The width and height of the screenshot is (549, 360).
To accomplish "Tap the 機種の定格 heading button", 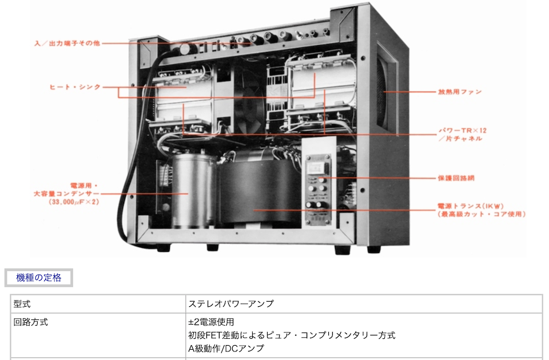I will (x=39, y=278).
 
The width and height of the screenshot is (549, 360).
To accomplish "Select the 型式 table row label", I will (x=22, y=304).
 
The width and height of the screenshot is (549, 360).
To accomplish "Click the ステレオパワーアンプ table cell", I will (x=231, y=304).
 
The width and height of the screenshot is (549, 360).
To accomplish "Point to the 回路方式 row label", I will (x=31, y=322).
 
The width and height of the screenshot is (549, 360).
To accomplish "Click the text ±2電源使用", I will (x=211, y=322).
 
